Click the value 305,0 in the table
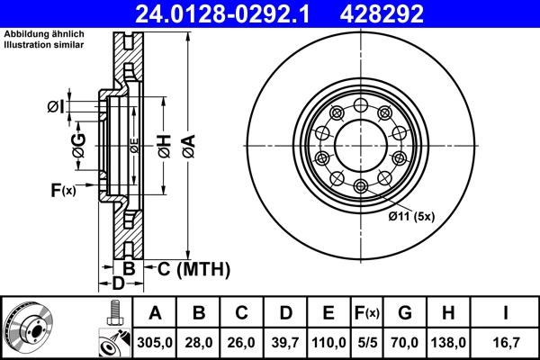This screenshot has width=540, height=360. pos(156,343)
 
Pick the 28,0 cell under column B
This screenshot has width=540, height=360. pos(199,343)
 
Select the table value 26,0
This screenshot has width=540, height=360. pos(242,343)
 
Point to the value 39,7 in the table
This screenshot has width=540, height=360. pos(285,343)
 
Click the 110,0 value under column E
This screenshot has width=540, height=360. pos(328,343)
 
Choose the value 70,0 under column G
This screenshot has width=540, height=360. pos(406,343)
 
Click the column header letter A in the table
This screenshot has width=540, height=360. pos(156,314)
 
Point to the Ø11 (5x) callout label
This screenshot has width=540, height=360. pos(409,216)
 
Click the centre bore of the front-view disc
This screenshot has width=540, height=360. pos(360,147)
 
